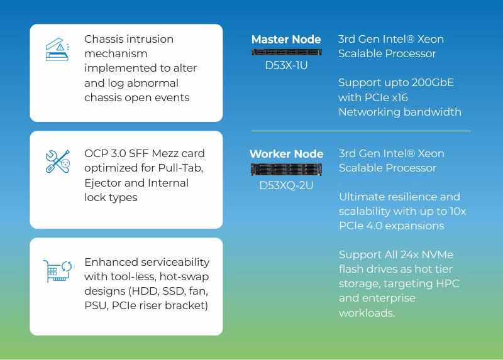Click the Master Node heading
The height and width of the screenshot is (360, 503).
[286, 40]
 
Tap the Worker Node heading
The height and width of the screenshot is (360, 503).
[287, 154]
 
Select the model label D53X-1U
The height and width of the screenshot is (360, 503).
[286, 65]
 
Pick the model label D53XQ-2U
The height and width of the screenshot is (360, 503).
[286, 185]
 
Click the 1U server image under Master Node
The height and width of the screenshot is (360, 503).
[287, 52]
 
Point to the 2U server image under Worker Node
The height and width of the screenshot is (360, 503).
[286, 169]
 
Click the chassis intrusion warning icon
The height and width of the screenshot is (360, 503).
[57, 50]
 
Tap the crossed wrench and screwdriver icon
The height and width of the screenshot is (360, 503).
[58, 161]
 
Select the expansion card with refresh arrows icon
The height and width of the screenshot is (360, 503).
[57, 271]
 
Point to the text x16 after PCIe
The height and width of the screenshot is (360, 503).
[400, 97]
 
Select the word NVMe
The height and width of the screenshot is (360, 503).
[437, 254]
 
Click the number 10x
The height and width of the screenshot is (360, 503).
[458, 212]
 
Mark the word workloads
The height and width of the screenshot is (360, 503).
[367, 313]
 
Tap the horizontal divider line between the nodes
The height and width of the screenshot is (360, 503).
[361, 131]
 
